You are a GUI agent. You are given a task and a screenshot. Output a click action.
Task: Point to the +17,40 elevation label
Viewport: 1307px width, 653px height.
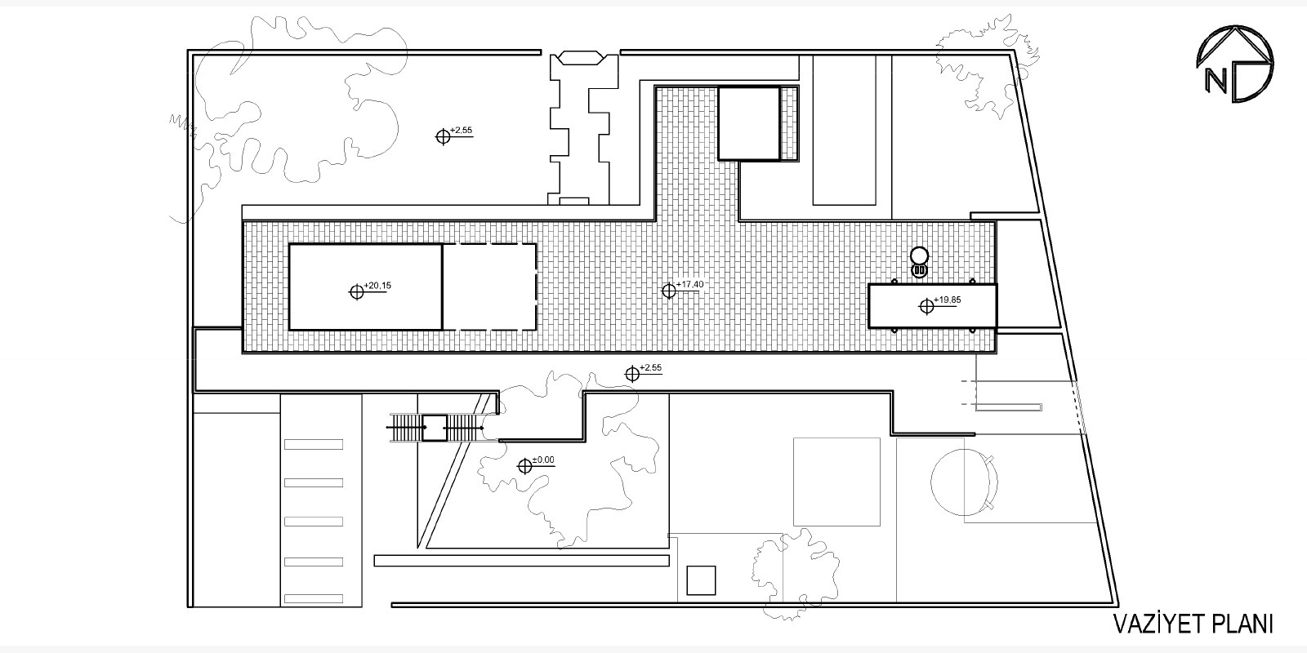tap(690, 284)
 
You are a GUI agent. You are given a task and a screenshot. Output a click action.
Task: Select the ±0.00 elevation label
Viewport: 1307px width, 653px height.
tap(543, 460)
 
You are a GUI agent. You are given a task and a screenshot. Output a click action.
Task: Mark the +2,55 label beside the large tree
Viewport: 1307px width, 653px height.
tap(462, 131)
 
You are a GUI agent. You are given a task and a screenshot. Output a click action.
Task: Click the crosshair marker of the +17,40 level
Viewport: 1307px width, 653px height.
tap(669, 290)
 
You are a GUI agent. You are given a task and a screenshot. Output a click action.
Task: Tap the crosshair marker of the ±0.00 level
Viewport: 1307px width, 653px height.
tap(524, 466)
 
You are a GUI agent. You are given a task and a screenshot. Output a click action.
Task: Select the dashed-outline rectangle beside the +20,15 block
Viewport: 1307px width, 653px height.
tap(489, 287)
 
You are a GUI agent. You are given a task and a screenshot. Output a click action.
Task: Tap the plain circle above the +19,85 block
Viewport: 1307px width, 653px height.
tap(919, 254)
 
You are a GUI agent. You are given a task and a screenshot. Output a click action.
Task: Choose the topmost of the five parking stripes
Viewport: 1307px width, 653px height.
tap(314, 444)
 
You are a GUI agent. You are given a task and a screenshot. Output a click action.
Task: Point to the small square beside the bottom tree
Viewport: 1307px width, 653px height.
tap(702, 580)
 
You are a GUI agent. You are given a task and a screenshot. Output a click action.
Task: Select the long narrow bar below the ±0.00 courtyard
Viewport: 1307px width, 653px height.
tap(520, 561)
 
